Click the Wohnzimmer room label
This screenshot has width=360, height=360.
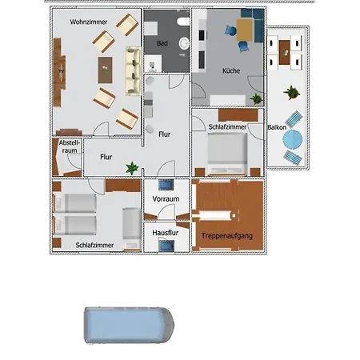click(89, 22)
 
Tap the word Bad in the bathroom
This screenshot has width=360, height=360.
click(162, 43)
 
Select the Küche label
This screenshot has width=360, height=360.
click(231, 70)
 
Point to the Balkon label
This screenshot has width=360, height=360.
click(277, 127)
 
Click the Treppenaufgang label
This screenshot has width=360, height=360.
click(227, 236)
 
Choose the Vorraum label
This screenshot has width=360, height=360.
click(166, 199)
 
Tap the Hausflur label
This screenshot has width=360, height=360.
click(166, 233)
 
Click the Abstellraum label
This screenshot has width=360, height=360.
click(70, 146)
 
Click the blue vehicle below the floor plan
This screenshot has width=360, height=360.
click(129, 326)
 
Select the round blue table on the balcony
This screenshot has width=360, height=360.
click(293, 139)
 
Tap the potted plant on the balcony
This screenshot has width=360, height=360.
click(292, 93)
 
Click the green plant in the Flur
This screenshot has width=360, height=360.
click(132, 168)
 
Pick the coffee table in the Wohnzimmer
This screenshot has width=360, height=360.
click(106, 70)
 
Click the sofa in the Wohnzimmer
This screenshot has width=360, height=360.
click(134, 71)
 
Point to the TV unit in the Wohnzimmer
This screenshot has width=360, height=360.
click(59, 72)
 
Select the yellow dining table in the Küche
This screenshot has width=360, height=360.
click(245, 30)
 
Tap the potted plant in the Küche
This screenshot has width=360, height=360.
click(256, 98)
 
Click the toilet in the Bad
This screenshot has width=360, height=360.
click(183, 22)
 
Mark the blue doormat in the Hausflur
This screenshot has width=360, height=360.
click(166, 246)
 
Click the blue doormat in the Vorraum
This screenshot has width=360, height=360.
click(166, 185)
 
